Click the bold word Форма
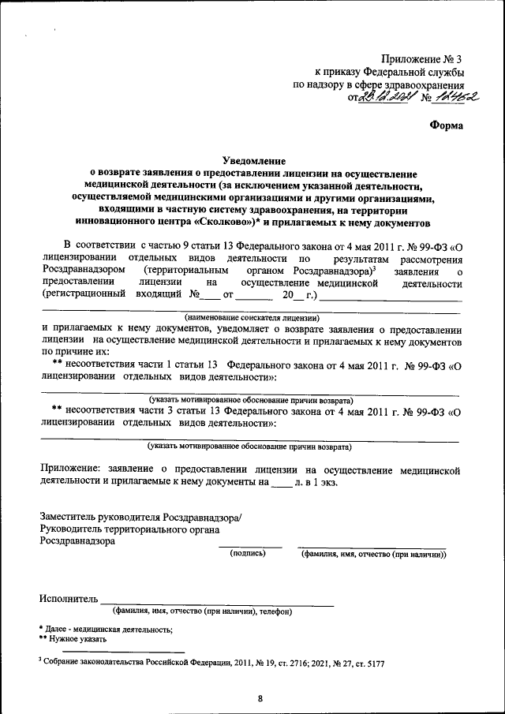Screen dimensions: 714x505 click(447, 125)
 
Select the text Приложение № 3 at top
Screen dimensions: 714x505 click(421, 59)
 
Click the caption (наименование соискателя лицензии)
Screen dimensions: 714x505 click(251, 316)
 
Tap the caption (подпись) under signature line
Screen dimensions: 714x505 click(249, 555)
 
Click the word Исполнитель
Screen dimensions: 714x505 click(69, 598)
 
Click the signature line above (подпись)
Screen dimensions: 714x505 click(249, 547)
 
